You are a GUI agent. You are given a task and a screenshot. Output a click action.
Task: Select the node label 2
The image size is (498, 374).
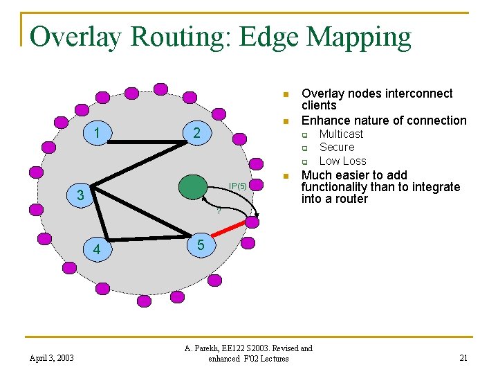coord(196,133)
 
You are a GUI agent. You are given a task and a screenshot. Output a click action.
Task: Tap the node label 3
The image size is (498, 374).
coord(81,196)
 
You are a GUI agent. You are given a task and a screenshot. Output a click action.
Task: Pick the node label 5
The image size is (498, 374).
coord(200,244)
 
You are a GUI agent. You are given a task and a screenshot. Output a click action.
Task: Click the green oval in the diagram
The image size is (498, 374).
coord(193,187)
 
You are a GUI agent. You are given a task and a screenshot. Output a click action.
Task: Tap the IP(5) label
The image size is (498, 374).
coord(237,186)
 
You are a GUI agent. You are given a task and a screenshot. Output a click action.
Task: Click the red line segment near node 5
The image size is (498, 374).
coord(232,229)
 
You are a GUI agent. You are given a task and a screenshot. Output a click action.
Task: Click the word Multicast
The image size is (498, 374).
coord(341,134)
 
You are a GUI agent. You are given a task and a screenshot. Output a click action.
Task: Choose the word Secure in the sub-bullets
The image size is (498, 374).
coord(337,147)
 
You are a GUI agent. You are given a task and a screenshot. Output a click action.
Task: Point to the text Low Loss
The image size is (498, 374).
coord(342,161)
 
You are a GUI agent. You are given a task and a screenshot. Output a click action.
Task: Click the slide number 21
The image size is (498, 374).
coord(463,357)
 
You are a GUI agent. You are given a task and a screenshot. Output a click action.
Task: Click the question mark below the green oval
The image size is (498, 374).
coord(219,211)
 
